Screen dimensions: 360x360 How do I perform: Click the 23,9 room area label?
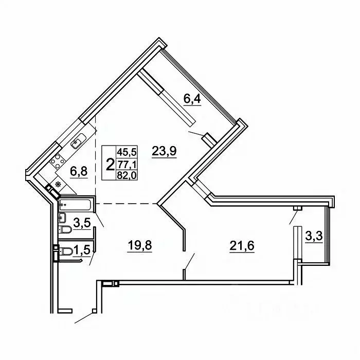pos(164,151)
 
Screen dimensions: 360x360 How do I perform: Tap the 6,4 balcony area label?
pos(192,99)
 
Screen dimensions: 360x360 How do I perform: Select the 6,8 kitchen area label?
pos(79,171)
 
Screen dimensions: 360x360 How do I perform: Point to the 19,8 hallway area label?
pos(140,246)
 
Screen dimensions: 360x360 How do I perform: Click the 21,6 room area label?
pos(242,246)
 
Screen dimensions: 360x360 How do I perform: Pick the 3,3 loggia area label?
pos(314,236)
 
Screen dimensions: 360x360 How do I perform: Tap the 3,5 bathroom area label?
pos(82,223)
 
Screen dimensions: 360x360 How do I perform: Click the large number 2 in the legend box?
pos(110,165)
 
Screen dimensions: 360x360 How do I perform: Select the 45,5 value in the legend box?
pos(127,152)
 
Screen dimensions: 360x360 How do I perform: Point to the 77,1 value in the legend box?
pos(127,164)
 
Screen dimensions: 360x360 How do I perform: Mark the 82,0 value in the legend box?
pos(127,176)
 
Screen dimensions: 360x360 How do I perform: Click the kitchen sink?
pos(78,141)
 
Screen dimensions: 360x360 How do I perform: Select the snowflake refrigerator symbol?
pos(58,184)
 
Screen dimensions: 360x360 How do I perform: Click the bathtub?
pos(75,205)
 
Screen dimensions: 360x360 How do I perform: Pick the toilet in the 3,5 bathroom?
pos(65,229)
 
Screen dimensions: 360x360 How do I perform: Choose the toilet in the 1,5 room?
pos(66,251)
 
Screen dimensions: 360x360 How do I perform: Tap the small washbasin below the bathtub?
pos(62,218)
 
